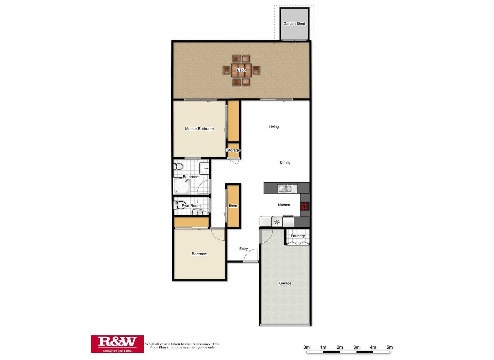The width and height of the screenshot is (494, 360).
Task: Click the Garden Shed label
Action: [294, 24]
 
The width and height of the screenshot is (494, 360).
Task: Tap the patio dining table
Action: [241, 70]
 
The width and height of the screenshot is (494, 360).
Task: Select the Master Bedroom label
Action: [199, 129]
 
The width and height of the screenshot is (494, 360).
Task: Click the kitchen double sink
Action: [285, 189]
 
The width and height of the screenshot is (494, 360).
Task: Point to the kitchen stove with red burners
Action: [305, 206]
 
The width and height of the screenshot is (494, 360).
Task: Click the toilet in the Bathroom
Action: [178, 167]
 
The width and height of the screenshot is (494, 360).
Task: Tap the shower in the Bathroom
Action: [182, 186]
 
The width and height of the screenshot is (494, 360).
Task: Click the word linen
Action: [233, 206]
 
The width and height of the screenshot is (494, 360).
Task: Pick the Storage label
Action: [233, 150]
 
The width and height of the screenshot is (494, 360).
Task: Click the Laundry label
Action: [298, 236]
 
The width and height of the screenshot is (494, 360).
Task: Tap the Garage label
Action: [285, 283]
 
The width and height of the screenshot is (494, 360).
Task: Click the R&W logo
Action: [117, 344]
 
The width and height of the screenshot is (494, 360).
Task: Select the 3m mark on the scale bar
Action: [356, 347]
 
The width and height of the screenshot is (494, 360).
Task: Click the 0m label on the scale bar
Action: [306, 347]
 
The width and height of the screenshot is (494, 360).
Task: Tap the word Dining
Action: [285, 162]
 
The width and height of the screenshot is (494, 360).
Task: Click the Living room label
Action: [274, 127]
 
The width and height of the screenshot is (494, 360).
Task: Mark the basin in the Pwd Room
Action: [197, 212]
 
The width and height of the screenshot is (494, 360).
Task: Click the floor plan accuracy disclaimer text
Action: [182, 346]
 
